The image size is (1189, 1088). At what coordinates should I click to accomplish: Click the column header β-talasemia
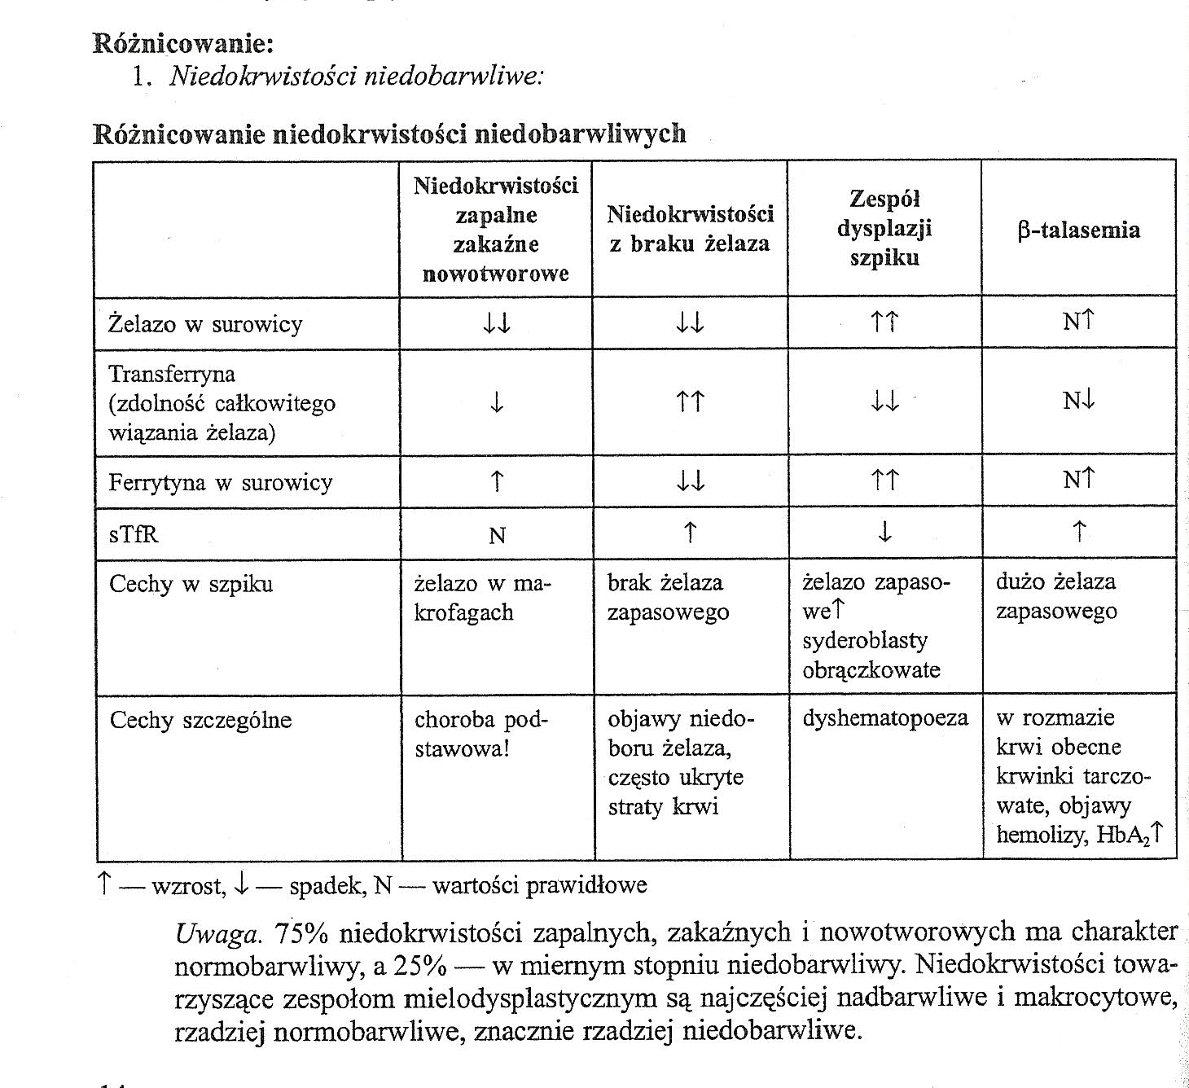click(1078, 230)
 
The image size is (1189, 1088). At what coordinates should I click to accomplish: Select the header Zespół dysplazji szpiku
click(884, 228)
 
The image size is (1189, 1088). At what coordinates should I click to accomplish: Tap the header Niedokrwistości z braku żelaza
click(690, 229)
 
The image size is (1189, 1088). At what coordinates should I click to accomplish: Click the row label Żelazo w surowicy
click(205, 324)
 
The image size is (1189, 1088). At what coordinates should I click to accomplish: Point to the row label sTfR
click(134, 534)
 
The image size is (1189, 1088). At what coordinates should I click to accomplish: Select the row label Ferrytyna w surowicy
click(221, 482)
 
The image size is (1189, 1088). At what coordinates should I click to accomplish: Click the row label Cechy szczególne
click(200, 720)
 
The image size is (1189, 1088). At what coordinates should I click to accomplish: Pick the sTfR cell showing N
click(497, 535)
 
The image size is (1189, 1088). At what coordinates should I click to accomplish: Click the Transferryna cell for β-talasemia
click(1078, 401)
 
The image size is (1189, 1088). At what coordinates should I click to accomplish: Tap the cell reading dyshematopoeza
click(885, 717)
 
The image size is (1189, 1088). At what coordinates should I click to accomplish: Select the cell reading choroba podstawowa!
click(482, 734)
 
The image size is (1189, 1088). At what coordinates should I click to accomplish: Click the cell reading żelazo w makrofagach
click(483, 597)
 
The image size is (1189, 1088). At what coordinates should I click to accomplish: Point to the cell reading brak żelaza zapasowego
click(668, 597)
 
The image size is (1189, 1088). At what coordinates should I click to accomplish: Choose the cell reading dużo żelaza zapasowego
click(1056, 596)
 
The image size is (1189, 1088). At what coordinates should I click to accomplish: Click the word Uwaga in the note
click(217, 932)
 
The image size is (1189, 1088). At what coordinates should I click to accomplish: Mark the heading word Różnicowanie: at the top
click(183, 42)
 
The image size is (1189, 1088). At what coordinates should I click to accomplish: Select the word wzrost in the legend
click(187, 884)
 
